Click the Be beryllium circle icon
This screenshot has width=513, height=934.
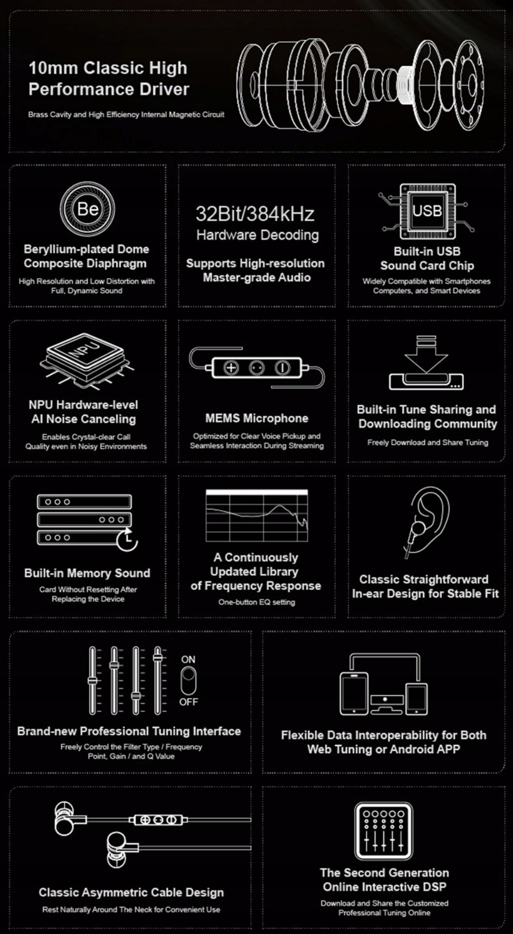[x=87, y=209]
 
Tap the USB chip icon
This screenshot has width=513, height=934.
[x=427, y=211]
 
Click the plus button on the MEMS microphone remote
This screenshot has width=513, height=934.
[x=231, y=368]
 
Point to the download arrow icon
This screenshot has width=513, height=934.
[x=426, y=355]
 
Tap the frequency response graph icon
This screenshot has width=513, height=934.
[x=257, y=516]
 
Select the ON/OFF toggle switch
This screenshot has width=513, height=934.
[x=188, y=681]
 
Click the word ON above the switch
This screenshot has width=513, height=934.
[x=188, y=659]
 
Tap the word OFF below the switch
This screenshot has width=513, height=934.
[x=188, y=702]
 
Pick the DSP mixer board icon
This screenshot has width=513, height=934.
[x=384, y=831]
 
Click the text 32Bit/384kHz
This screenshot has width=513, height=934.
[x=255, y=214]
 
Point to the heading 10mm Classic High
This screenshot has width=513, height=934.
[x=108, y=68]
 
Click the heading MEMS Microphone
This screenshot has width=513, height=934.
[x=256, y=418]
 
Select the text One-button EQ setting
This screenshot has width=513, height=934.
[x=256, y=602]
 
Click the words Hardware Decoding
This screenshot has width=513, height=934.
[x=258, y=235]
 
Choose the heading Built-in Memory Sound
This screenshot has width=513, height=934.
[x=87, y=573]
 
